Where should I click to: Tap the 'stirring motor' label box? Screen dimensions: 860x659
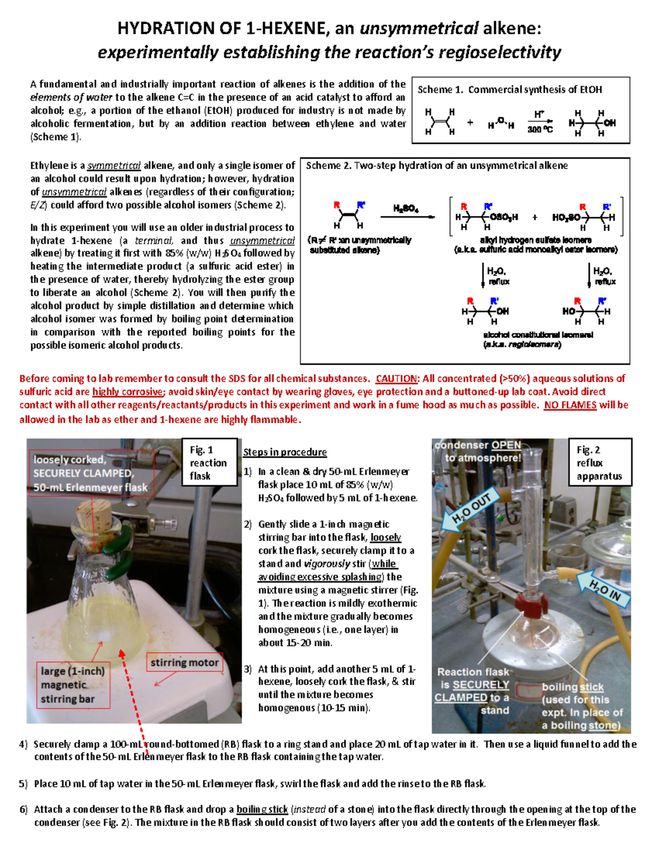(184, 662)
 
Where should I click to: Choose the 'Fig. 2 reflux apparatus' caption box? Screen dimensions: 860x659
(599, 463)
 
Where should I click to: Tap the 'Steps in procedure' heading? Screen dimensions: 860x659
(285, 452)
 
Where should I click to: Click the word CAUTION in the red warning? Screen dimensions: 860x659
(396, 379)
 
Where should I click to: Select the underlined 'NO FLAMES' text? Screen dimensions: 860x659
(570, 405)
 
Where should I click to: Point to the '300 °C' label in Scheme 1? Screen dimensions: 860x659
(540, 130)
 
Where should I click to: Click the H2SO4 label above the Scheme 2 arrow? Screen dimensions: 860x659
(406, 209)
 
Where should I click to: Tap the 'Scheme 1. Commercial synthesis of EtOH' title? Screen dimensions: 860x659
(510, 89)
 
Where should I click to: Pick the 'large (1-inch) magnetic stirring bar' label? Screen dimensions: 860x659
(72, 684)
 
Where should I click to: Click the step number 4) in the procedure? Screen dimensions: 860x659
(23, 744)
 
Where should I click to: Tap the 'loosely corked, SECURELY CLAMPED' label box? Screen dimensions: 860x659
(90, 473)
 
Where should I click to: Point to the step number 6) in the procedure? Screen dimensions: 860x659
(23, 809)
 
